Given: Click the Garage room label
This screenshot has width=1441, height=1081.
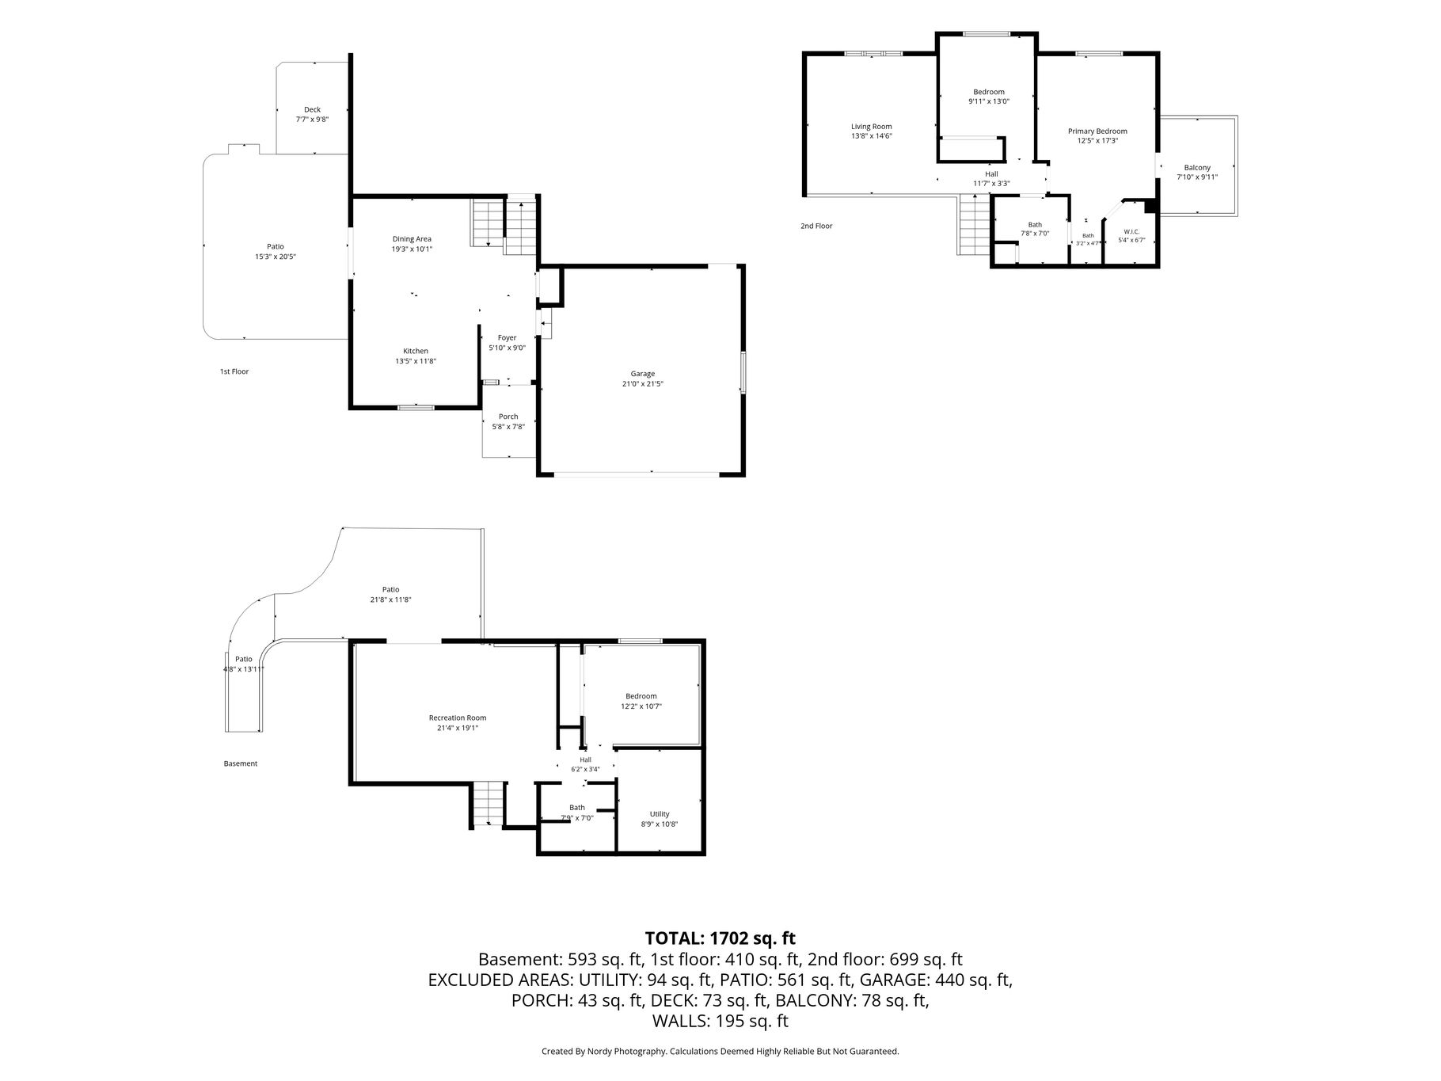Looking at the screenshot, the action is pyautogui.click(x=642, y=374).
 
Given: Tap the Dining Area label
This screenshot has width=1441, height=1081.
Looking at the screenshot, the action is pyautogui.click(x=412, y=239).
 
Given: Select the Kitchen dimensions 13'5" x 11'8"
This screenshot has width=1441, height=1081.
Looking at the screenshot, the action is pyautogui.click(x=416, y=361).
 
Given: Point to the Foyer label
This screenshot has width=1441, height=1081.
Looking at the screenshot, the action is pyautogui.click(x=507, y=338).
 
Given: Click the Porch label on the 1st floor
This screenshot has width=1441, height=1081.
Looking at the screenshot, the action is pyautogui.click(x=508, y=417).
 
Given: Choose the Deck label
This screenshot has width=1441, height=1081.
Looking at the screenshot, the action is pyautogui.click(x=312, y=110).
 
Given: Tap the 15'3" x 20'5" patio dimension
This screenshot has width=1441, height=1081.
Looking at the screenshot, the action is pyautogui.click(x=275, y=257).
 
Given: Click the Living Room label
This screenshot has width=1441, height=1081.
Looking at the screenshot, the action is pyautogui.click(x=872, y=127).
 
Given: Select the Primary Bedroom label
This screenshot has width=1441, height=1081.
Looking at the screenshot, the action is pyautogui.click(x=1097, y=131).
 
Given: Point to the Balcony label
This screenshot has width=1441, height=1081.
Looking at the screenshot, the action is pyautogui.click(x=1197, y=168).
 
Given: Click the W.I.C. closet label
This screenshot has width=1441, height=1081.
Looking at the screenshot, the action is pyautogui.click(x=1131, y=231).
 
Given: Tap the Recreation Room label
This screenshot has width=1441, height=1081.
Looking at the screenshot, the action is pyautogui.click(x=458, y=718).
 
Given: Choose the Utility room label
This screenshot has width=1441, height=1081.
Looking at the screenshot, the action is pyautogui.click(x=660, y=814).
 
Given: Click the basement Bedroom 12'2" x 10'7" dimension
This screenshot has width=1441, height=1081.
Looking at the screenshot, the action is pyautogui.click(x=641, y=706).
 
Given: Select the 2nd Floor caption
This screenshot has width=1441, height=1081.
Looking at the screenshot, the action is pyautogui.click(x=816, y=226).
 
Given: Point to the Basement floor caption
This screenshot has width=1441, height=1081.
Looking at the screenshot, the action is pyautogui.click(x=241, y=764).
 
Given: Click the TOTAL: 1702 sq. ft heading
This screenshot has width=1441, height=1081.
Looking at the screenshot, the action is pyautogui.click(x=720, y=938).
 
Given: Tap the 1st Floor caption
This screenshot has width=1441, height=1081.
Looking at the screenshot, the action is pyautogui.click(x=234, y=371).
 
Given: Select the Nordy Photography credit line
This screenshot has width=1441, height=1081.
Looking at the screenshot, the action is pyautogui.click(x=720, y=1052).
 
